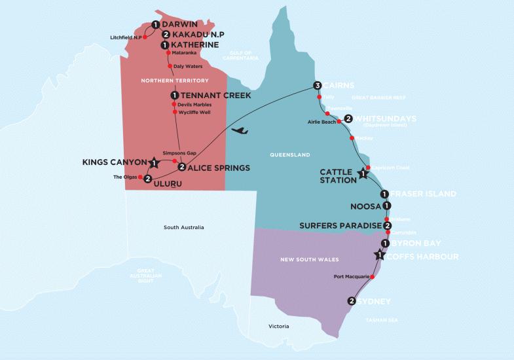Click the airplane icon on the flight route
[x=240, y=131]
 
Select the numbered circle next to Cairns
[x=318, y=86]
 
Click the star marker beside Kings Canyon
[x=155, y=162]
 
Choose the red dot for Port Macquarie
[x=373, y=277]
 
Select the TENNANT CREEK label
[x=208, y=96]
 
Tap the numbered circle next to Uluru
[x=148, y=179]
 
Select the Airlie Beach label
[x=320, y=122]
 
